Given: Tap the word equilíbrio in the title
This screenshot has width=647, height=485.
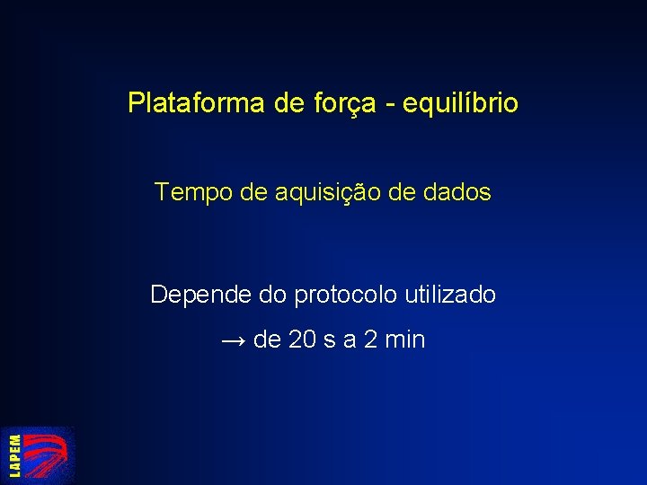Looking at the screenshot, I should click(460, 104).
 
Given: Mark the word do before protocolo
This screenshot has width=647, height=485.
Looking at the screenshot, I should click(273, 294).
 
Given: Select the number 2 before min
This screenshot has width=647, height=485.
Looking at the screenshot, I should click(371, 340).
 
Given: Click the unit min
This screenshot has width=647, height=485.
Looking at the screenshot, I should click(405, 340).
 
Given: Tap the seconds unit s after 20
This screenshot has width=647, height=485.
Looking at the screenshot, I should click(330, 341).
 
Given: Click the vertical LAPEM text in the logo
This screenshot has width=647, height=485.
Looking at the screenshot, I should click(15, 455).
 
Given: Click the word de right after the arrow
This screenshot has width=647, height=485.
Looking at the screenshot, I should click(268, 340).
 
